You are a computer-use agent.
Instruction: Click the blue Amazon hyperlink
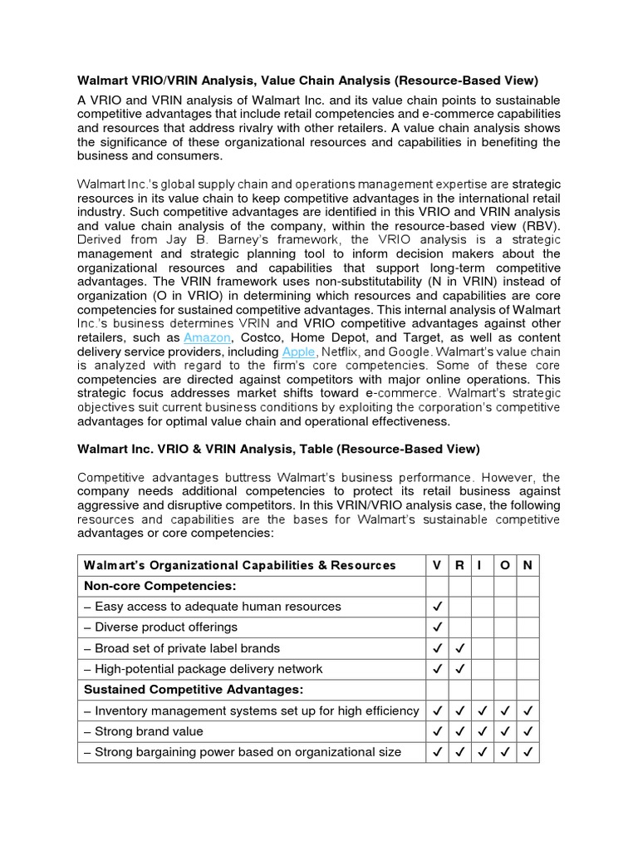coord(208,338)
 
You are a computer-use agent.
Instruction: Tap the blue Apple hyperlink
coord(299,352)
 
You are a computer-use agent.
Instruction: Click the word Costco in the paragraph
coord(262,338)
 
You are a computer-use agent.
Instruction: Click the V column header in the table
coord(437,565)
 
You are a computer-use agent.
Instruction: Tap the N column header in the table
coord(527,565)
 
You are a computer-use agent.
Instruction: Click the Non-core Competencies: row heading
coord(159,586)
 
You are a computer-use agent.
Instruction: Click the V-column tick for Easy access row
coord(437,607)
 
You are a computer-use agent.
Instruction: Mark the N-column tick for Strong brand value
coord(528,731)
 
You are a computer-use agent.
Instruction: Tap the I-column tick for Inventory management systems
coord(481,711)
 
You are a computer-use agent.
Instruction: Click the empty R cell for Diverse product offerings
coord(459,627)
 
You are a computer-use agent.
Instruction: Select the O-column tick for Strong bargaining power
coord(504,752)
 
